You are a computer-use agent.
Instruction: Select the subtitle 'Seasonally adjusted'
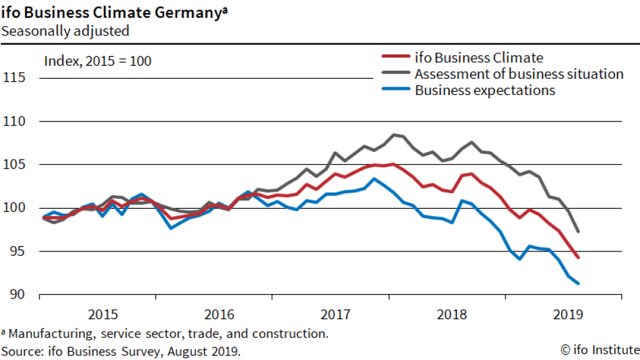click(65, 30)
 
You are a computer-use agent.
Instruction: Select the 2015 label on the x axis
click(103, 315)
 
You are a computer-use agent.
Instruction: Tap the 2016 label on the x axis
click(219, 315)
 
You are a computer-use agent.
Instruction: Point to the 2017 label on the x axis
click(336, 315)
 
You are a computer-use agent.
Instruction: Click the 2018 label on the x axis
click(452, 315)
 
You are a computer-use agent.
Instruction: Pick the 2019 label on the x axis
click(568, 315)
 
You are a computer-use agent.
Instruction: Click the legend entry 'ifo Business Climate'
click(478, 58)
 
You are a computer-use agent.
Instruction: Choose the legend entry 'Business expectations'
click(485, 90)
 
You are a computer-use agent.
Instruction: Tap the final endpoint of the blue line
click(578, 283)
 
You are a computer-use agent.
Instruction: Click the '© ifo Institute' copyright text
click(599, 350)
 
